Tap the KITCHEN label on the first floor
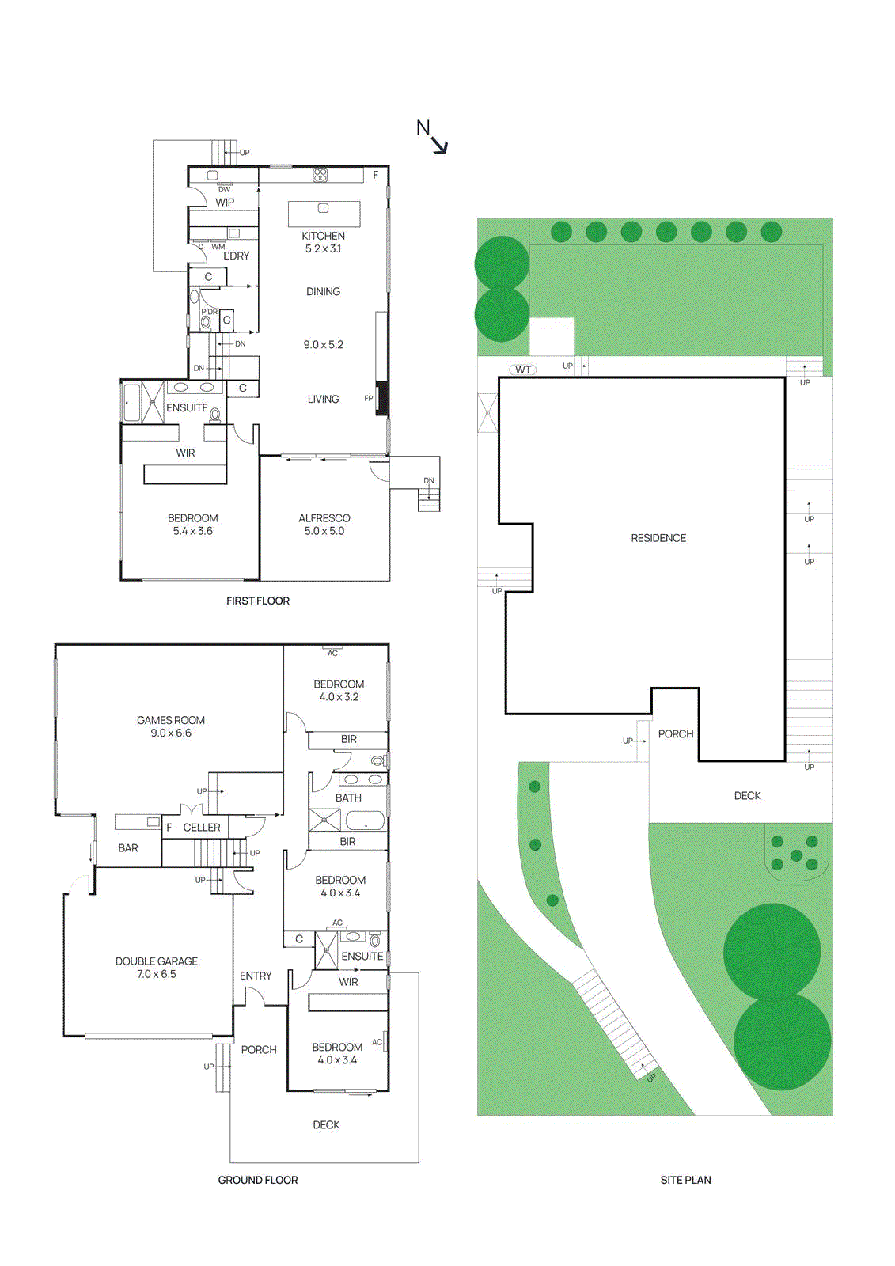[323, 236]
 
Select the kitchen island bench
[324, 214]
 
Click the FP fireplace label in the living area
[368, 398]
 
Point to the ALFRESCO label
[324, 518]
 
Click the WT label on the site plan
[523, 370]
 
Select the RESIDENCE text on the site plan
[658, 538]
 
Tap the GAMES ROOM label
[170, 720]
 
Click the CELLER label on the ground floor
[202, 828]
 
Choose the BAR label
[128, 847]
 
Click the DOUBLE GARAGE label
[157, 961]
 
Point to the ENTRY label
[256, 976]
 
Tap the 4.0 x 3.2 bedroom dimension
[339, 697]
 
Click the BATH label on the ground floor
[348, 798]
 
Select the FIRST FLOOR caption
[258, 601]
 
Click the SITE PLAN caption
[685, 1180]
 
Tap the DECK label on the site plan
[747, 796]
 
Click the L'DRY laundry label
[236, 256]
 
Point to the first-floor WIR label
[185, 453]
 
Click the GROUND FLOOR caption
[258, 1180]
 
